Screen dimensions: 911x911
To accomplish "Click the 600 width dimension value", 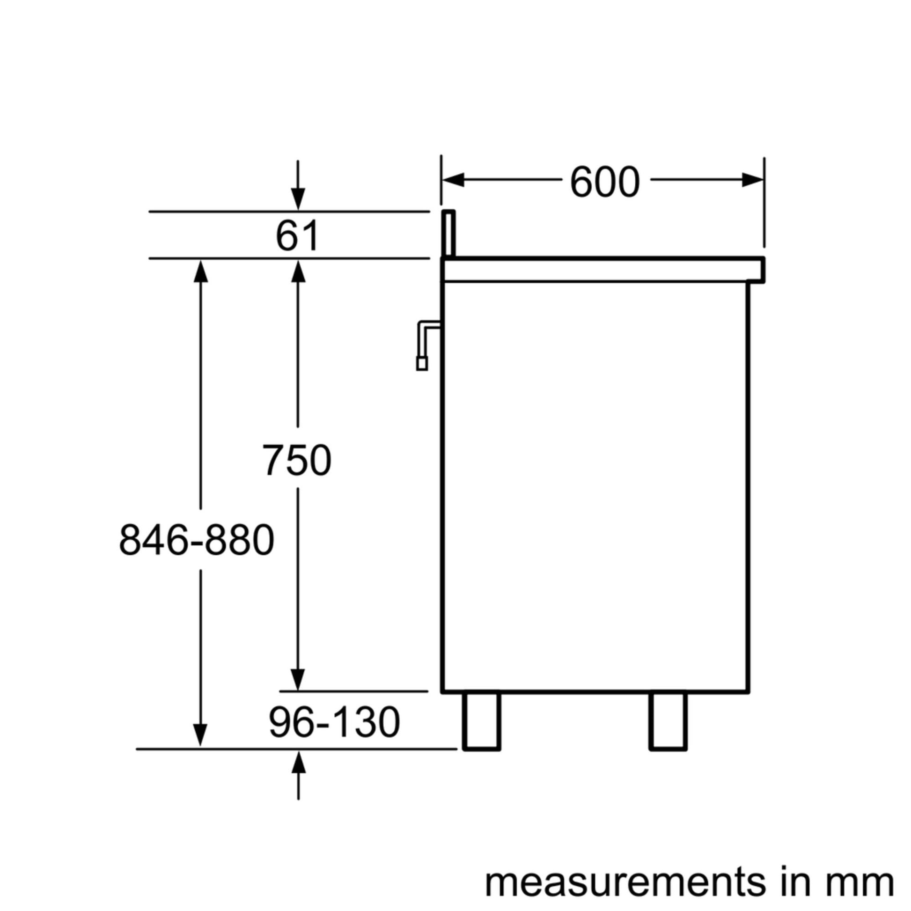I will (604, 183).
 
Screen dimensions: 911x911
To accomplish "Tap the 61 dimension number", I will (298, 236).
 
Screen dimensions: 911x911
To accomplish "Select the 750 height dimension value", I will (297, 460).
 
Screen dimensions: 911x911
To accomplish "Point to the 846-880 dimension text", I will (196, 540).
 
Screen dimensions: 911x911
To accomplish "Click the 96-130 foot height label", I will (334, 722).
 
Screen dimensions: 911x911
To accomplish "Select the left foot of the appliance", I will (481, 720).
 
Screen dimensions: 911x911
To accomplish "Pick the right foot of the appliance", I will (668, 720).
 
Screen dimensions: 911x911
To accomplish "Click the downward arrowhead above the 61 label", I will (298, 198).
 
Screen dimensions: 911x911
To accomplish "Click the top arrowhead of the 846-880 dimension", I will (201, 272).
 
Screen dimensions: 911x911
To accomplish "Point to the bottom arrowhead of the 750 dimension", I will (298, 679).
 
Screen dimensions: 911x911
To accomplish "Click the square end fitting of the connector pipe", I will (422, 364).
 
